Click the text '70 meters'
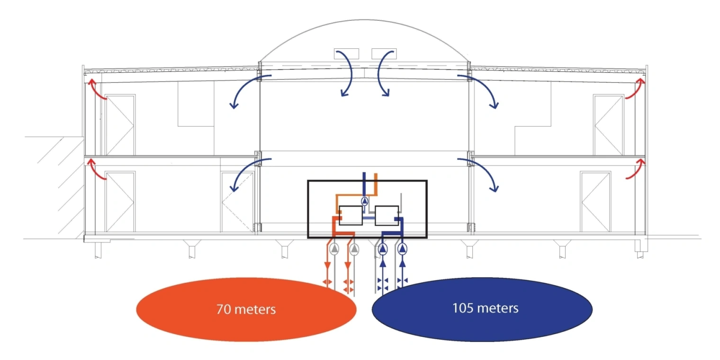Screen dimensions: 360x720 pyautogui.click(x=246, y=310)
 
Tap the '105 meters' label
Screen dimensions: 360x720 pyautogui.click(x=485, y=308)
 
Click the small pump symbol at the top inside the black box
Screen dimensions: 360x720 pyautogui.click(x=364, y=201)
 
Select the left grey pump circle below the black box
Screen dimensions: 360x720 pyautogui.click(x=334, y=248)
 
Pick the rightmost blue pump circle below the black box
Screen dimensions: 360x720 pyautogui.click(x=402, y=248)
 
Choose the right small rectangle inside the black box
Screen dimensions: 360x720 pyautogui.click(x=387, y=216)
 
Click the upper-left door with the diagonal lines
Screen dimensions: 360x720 pyautogui.click(x=119, y=125)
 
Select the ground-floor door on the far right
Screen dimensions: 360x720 pyautogui.click(x=595, y=202)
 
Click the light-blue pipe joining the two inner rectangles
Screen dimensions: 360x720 pyautogui.click(x=369, y=218)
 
